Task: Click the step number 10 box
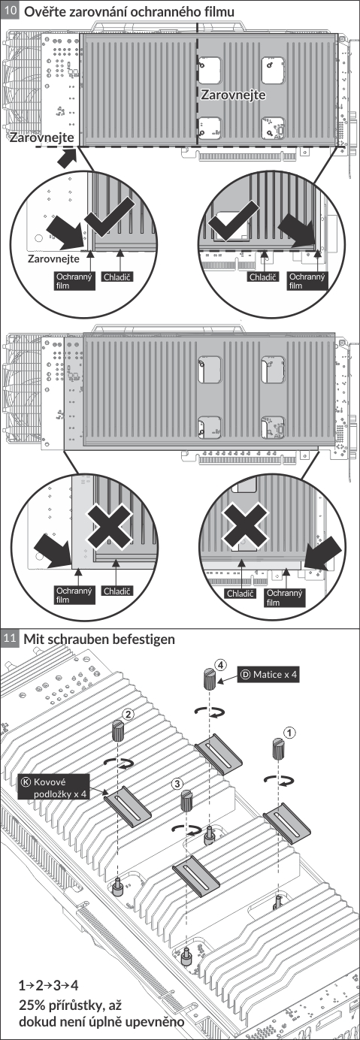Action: point(10,11)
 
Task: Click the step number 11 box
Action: point(10,638)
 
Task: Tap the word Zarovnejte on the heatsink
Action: point(233,95)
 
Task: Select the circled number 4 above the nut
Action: point(221,665)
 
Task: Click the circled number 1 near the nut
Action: point(289,733)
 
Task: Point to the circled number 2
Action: point(129,714)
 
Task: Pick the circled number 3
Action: point(177,783)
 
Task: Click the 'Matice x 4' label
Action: point(268,674)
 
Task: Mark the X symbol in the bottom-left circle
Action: point(109,527)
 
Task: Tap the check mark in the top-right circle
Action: point(233,220)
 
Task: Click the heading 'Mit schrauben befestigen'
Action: point(99,639)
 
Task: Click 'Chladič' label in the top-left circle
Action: point(117,277)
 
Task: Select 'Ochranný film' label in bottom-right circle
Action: point(284,597)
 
